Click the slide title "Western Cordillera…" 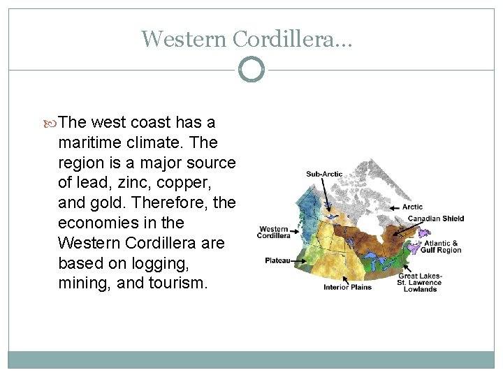[x=247, y=38]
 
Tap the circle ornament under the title [x=251, y=70]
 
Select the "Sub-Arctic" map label [x=323, y=174]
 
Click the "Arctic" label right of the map [x=412, y=207]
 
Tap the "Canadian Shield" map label [x=436, y=219]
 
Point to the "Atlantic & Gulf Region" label [x=442, y=246]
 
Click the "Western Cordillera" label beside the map [x=274, y=232]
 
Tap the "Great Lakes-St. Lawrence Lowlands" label [x=420, y=283]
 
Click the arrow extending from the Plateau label [x=298, y=260]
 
